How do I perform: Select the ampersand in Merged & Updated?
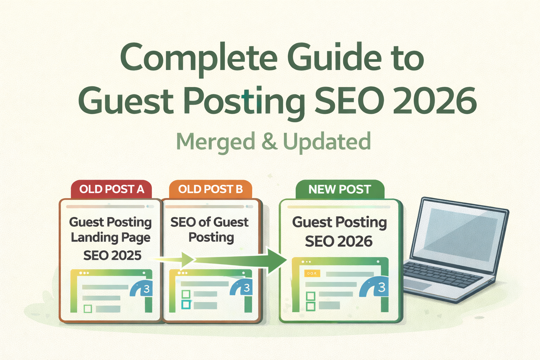click(269, 142)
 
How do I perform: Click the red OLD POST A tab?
click(111, 189)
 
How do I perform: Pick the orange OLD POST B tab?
click(210, 189)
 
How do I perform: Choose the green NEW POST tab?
click(339, 189)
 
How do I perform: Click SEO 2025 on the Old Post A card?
click(112, 255)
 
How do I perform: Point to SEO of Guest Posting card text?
click(210, 230)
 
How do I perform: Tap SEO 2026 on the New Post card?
click(339, 242)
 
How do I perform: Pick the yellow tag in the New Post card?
click(312, 273)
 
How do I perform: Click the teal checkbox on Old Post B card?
click(186, 304)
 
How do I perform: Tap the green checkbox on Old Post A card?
click(88, 309)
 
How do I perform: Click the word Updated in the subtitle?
click(327, 142)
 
